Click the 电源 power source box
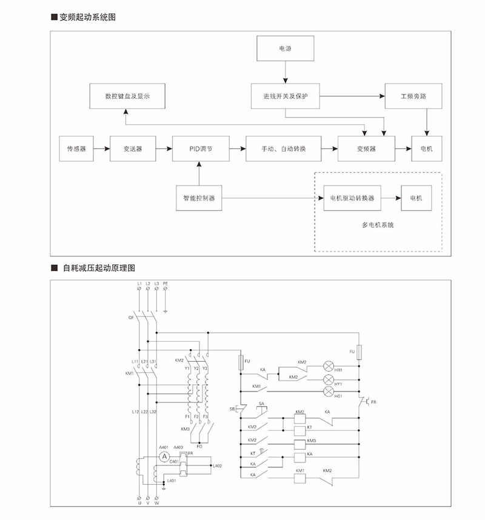click(x=284, y=48)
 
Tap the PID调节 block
click(x=201, y=148)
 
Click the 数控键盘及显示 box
click(x=127, y=96)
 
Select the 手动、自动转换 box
click(x=283, y=148)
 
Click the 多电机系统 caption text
click(x=378, y=225)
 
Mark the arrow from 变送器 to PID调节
click(x=164, y=148)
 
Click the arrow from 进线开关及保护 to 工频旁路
click(x=352, y=96)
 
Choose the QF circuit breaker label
click(x=131, y=316)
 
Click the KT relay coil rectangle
click(x=299, y=430)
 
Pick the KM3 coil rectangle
click(x=299, y=442)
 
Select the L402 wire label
click(x=218, y=465)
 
